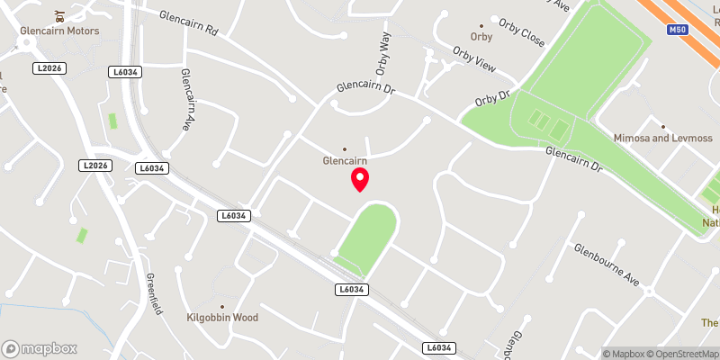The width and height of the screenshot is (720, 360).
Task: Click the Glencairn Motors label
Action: tap(59, 31)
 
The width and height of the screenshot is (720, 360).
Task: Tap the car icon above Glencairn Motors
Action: tap(59, 15)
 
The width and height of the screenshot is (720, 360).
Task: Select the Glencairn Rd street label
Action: tap(189, 23)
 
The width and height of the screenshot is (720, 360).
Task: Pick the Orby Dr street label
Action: tap(492, 96)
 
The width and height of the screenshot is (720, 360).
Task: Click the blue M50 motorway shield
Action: tap(679, 30)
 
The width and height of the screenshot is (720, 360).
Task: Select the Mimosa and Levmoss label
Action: tap(662, 139)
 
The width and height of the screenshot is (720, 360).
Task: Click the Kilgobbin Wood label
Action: tap(222, 318)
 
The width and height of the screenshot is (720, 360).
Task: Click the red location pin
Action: tap(360, 178)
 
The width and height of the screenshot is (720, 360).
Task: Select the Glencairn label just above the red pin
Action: tap(345, 161)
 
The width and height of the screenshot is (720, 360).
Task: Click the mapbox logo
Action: tap(40, 348)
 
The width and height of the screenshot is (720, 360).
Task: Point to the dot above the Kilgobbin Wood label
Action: tap(222, 306)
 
